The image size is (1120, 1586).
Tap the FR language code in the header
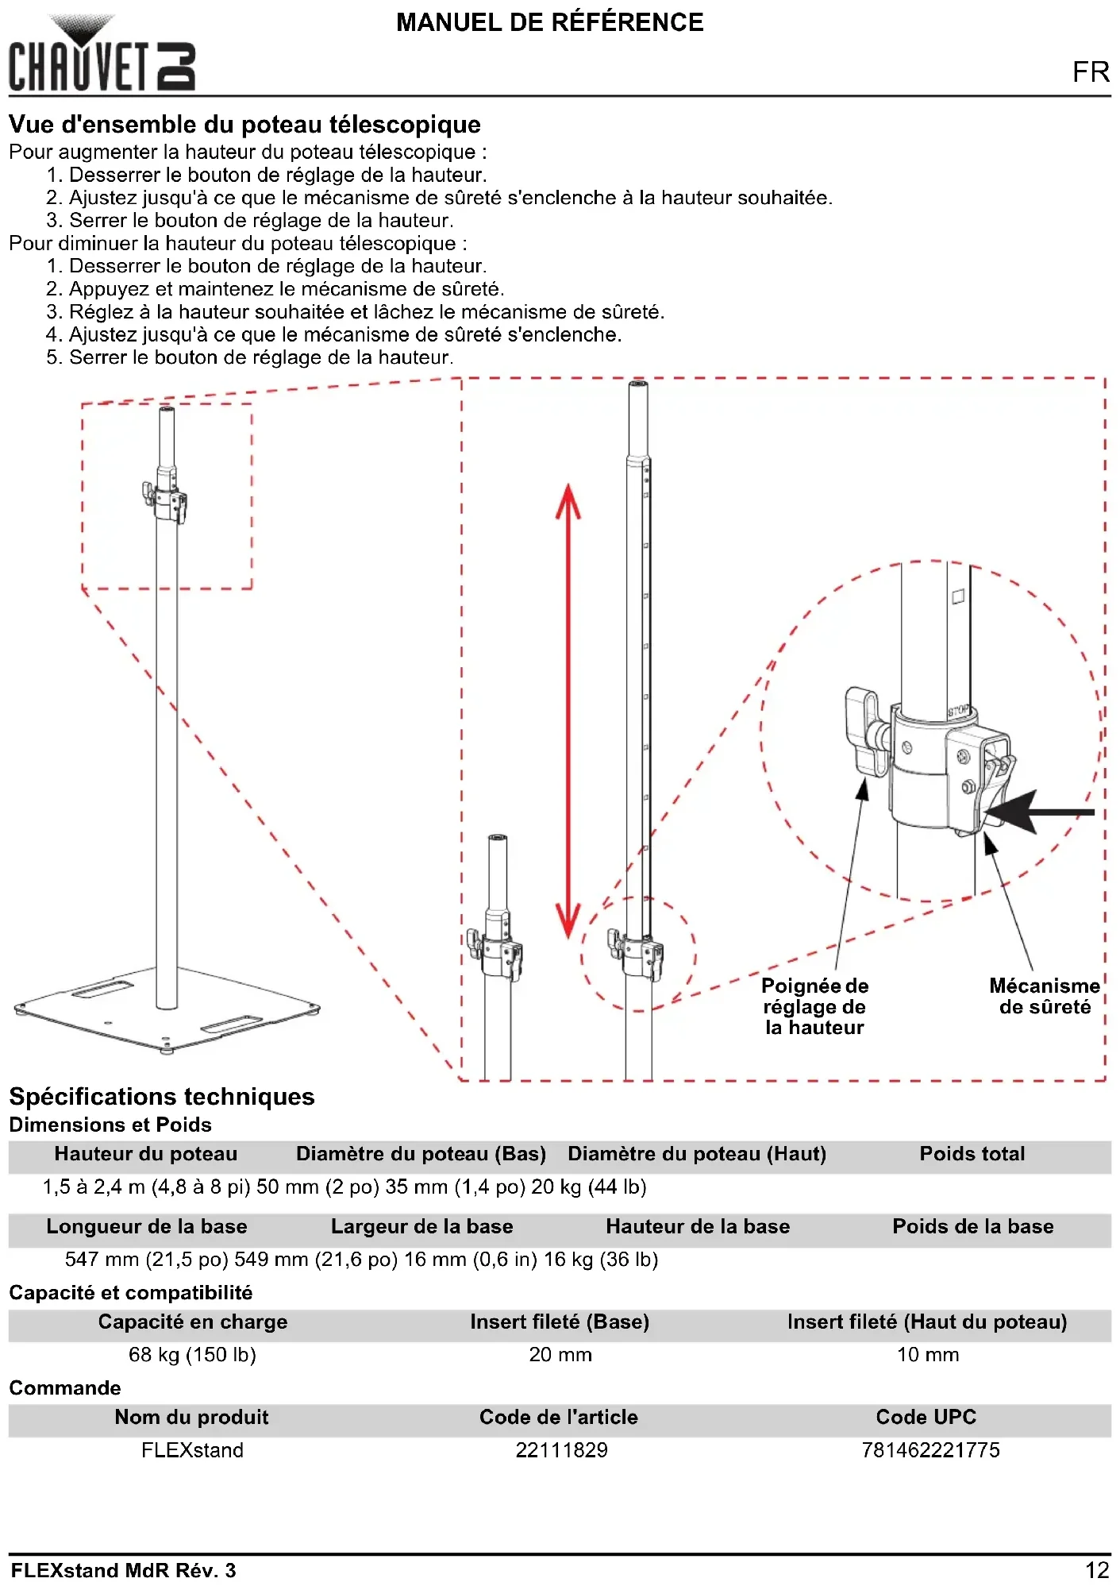pos(1091,72)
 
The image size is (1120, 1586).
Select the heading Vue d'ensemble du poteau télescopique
pos(244,125)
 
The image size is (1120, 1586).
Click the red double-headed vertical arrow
pos(568,711)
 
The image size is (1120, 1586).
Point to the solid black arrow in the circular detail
pos(1040,812)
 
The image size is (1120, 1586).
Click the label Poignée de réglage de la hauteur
pos(814,1006)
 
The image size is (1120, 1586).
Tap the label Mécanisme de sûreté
pos(1045,996)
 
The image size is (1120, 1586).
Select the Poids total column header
pos(972,1154)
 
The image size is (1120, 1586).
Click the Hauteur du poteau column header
pos(145,1154)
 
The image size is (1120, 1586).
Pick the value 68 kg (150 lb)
pos(192,1354)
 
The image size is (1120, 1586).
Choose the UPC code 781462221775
pos(930,1449)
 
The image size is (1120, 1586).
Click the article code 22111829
pos(561,1449)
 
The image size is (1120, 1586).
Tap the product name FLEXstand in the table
pos(192,1449)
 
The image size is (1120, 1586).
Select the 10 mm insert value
pos(927,1354)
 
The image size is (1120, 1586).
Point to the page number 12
pos(1097,1569)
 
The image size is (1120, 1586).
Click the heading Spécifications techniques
pos(162,1097)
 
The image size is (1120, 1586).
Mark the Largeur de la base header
pos(421,1226)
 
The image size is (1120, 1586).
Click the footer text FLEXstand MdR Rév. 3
pos(123,1570)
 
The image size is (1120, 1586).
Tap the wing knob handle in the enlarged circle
pos(864,731)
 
